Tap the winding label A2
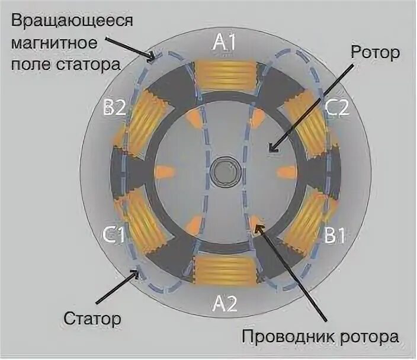click(x=225, y=304)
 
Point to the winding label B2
click(x=114, y=107)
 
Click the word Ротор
click(x=375, y=52)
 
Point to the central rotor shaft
click(x=225, y=172)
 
